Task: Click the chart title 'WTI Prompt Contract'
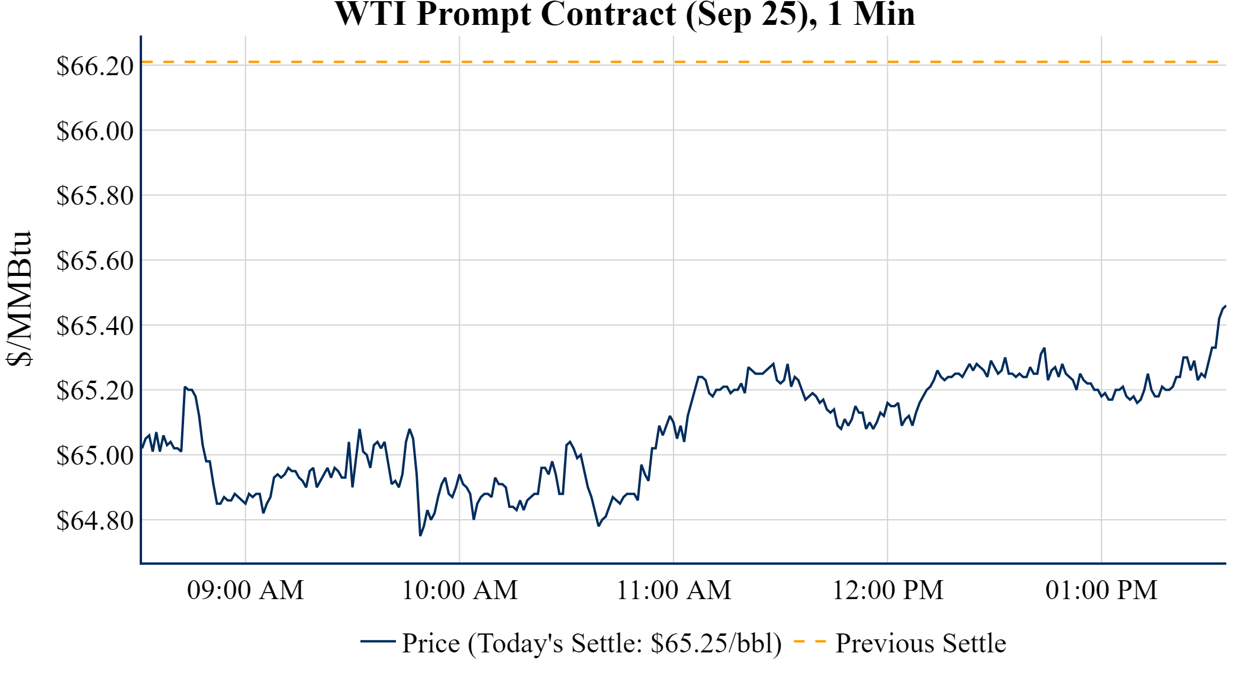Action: pyautogui.click(x=624, y=14)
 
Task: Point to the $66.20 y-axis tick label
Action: pyautogui.click(x=95, y=66)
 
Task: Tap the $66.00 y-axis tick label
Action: pyautogui.click(x=95, y=131)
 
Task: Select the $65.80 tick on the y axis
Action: pyautogui.click(x=95, y=195)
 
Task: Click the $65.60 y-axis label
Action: pyautogui.click(x=95, y=260)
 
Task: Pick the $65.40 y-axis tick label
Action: pyautogui.click(x=95, y=326)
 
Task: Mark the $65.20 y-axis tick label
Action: pyautogui.click(x=95, y=391)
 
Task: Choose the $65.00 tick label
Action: pyautogui.click(x=95, y=456)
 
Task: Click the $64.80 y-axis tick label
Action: pyautogui.click(x=95, y=521)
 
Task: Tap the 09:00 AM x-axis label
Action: pyautogui.click(x=246, y=590)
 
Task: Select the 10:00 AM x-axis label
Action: pyautogui.click(x=460, y=590)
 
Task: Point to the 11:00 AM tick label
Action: pyautogui.click(x=674, y=590)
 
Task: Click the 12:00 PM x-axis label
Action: pyautogui.click(x=888, y=590)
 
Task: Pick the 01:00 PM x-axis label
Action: pyautogui.click(x=1101, y=590)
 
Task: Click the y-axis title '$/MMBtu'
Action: pyautogui.click(x=20, y=299)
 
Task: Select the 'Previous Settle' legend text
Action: pyautogui.click(x=920, y=644)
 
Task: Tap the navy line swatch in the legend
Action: pyautogui.click(x=378, y=641)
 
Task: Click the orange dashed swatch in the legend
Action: pyautogui.click(x=810, y=641)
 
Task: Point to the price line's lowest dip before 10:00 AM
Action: pyautogui.click(x=420, y=535)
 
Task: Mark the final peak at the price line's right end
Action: pyautogui.click(x=1225, y=306)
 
